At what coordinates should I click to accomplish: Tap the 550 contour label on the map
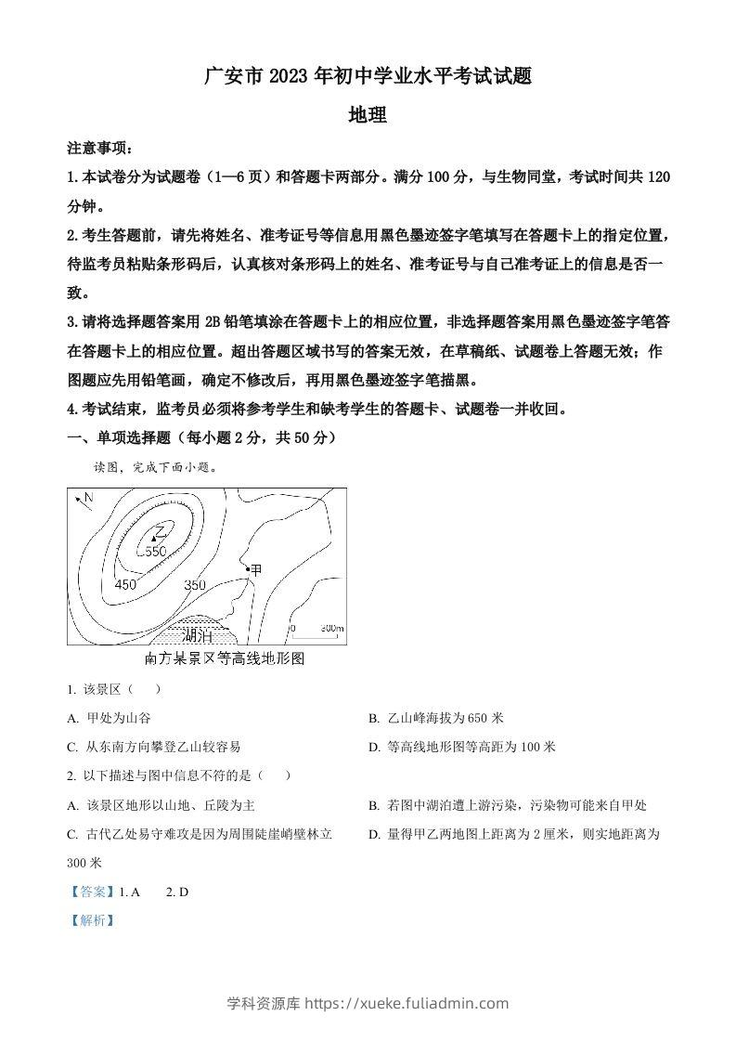click(x=154, y=552)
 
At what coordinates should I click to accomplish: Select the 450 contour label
click(x=124, y=585)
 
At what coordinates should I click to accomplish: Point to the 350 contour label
click(x=195, y=585)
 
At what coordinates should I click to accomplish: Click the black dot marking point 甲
click(x=247, y=568)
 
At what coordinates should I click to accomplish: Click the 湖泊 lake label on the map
click(x=198, y=636)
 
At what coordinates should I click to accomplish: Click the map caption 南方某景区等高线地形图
click(x=226, y=658)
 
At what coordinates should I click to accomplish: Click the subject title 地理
click(x=367, y=116)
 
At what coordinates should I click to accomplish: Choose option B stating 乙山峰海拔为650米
click(x=435, y=718)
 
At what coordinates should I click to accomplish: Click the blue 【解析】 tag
click(x=92, y=920)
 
